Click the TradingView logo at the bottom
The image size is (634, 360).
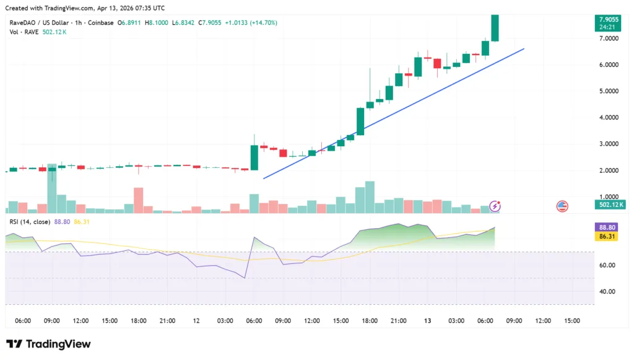[x=48, y=344]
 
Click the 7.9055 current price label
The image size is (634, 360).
[x=607, y=18]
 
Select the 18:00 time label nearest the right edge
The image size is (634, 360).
[x=370, y=321]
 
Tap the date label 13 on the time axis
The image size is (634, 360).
[x=427, y=321]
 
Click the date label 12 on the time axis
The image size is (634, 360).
[x=196, y=321]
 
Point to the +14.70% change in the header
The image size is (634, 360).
[x=263, y=23]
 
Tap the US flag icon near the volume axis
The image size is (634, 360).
[x=562, y=206]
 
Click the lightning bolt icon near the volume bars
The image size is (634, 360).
[x=495, y=206]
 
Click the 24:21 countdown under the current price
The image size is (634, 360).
[x=607, y=27]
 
